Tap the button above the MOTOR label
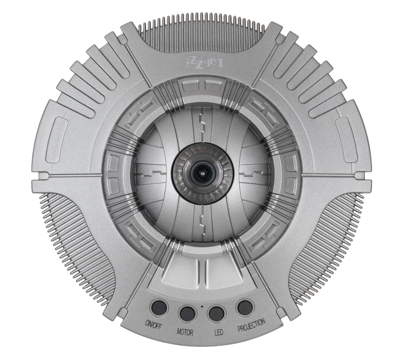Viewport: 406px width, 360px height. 187,314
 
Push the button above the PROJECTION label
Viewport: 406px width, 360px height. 245,308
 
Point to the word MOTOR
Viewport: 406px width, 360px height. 185,333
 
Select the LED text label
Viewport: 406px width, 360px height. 219,333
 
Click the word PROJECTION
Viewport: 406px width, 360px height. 251,325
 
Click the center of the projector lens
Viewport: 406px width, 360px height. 203,173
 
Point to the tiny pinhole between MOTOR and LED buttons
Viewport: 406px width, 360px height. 202,307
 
